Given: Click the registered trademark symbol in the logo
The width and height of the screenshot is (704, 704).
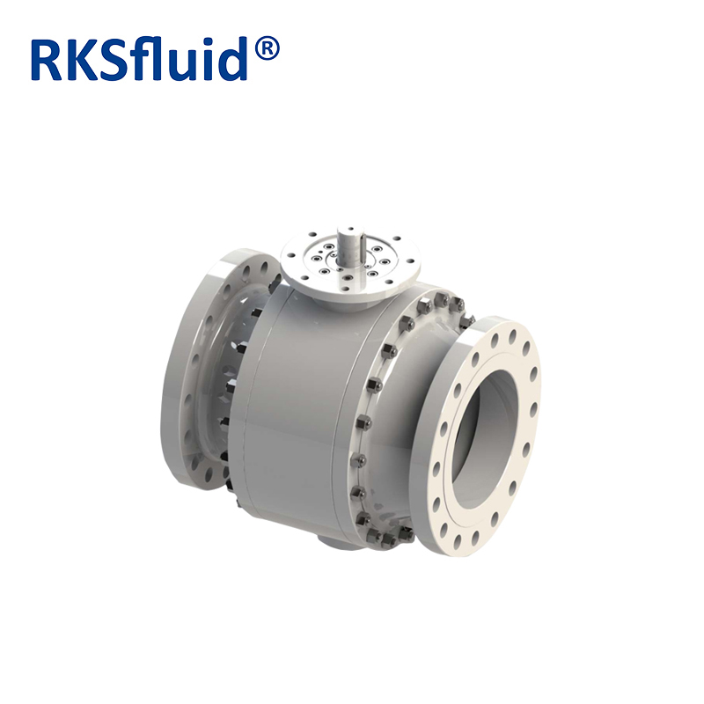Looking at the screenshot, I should [x=267, y=49].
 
